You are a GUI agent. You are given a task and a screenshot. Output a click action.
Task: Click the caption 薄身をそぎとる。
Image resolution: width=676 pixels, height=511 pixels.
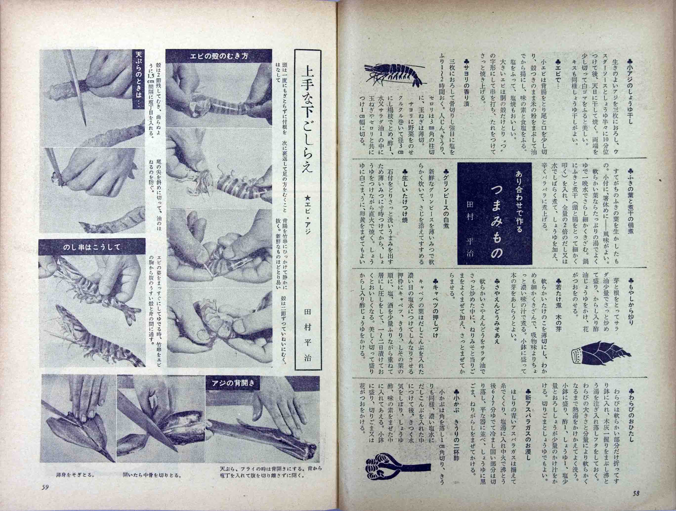click(75, 484)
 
